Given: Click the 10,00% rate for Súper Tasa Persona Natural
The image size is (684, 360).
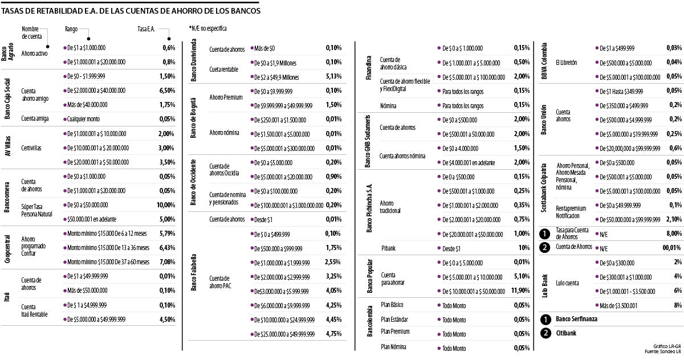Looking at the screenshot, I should tap(166, 204).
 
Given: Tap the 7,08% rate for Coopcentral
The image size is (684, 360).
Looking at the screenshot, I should tap(168, 262).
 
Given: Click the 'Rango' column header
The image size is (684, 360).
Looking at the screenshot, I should tap(71, 28).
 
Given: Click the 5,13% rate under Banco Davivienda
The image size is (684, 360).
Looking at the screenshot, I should tap(333, 77).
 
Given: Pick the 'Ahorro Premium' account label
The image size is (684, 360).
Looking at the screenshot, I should tap(226, 97).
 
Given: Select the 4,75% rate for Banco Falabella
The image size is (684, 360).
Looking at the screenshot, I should tap(333, 334).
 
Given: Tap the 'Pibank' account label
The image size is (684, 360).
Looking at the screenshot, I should tap(388, 248).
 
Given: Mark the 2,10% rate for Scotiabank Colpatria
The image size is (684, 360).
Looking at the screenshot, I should tap(673, 219).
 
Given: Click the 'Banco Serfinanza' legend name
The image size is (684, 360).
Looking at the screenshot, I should tap(576, 319).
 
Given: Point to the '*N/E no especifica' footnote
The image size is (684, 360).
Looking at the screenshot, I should tap(207, 28).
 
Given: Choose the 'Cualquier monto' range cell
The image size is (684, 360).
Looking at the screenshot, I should tap(85, 119).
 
